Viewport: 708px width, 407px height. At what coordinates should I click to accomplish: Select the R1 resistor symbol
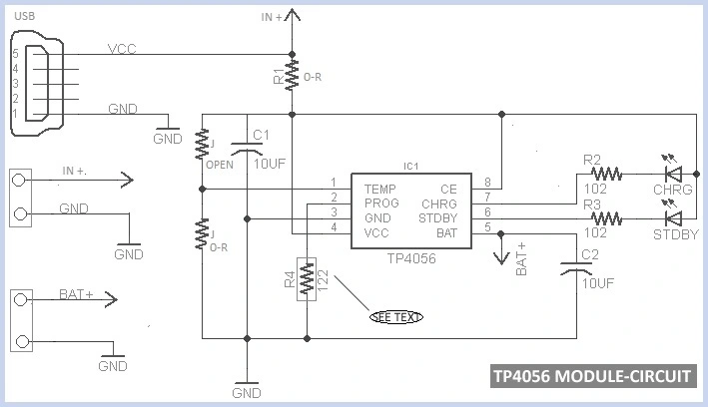coord(292,73)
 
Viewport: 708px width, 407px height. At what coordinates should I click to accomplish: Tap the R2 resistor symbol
coord(606,174)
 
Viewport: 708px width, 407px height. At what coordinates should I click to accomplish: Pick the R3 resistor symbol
coord(606,216)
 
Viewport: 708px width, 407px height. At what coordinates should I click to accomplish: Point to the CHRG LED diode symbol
coord(675,174)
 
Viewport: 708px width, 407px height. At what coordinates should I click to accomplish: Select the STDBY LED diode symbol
coord(675,216)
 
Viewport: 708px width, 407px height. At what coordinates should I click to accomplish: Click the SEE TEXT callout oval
coord(396,317)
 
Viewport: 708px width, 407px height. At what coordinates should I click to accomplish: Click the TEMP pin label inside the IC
coord(380,187)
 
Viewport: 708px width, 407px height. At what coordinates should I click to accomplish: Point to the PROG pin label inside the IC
coord(381,202)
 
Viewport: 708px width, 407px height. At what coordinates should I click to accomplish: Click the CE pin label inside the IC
coord(448,187)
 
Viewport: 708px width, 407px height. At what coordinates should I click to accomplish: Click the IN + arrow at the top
coord(292,16)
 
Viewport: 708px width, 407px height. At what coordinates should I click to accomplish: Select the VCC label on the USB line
coord(123,46)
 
